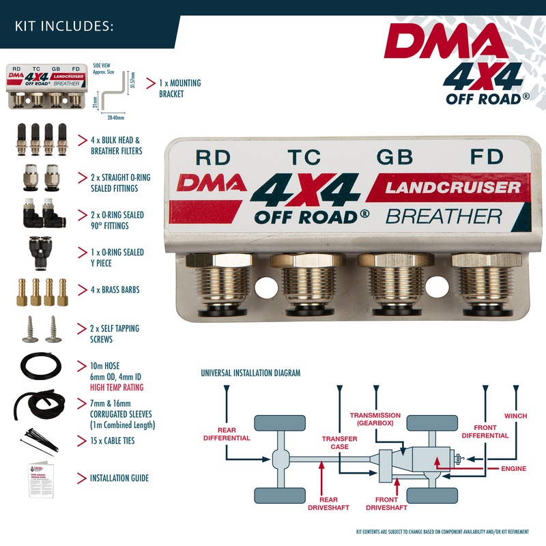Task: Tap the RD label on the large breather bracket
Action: (x=213, y=157)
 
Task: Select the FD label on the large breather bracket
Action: (x=486, y=157)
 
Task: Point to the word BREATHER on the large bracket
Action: (x=444, y=217)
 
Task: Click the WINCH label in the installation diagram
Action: (x=515, y=416)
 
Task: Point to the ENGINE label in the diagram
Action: (x=513, y=470)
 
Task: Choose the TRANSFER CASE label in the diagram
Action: (x=335, y=442)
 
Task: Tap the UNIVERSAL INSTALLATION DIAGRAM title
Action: (x=250, y=373)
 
